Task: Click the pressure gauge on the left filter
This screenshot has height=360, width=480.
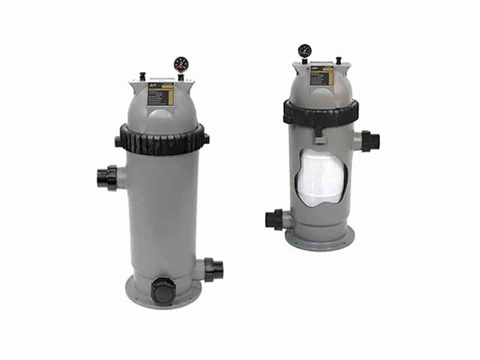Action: pos(181,64)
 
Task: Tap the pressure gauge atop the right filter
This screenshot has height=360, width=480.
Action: pos(305,50)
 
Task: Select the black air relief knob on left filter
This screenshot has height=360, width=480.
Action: pos(143,76)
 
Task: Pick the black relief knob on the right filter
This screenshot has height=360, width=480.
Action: pos(338,60)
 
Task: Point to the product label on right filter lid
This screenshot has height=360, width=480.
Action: pos(321,77)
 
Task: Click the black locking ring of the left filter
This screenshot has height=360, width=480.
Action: pos(162,139)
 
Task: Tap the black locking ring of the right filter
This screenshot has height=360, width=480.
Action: pos(321,112)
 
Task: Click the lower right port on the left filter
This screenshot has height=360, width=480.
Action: pos(214,269)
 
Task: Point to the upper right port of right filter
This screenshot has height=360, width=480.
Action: pos(370,142)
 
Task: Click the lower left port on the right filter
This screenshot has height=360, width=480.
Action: pos(275,219)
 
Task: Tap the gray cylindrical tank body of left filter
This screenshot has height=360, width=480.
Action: pos(162,210)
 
